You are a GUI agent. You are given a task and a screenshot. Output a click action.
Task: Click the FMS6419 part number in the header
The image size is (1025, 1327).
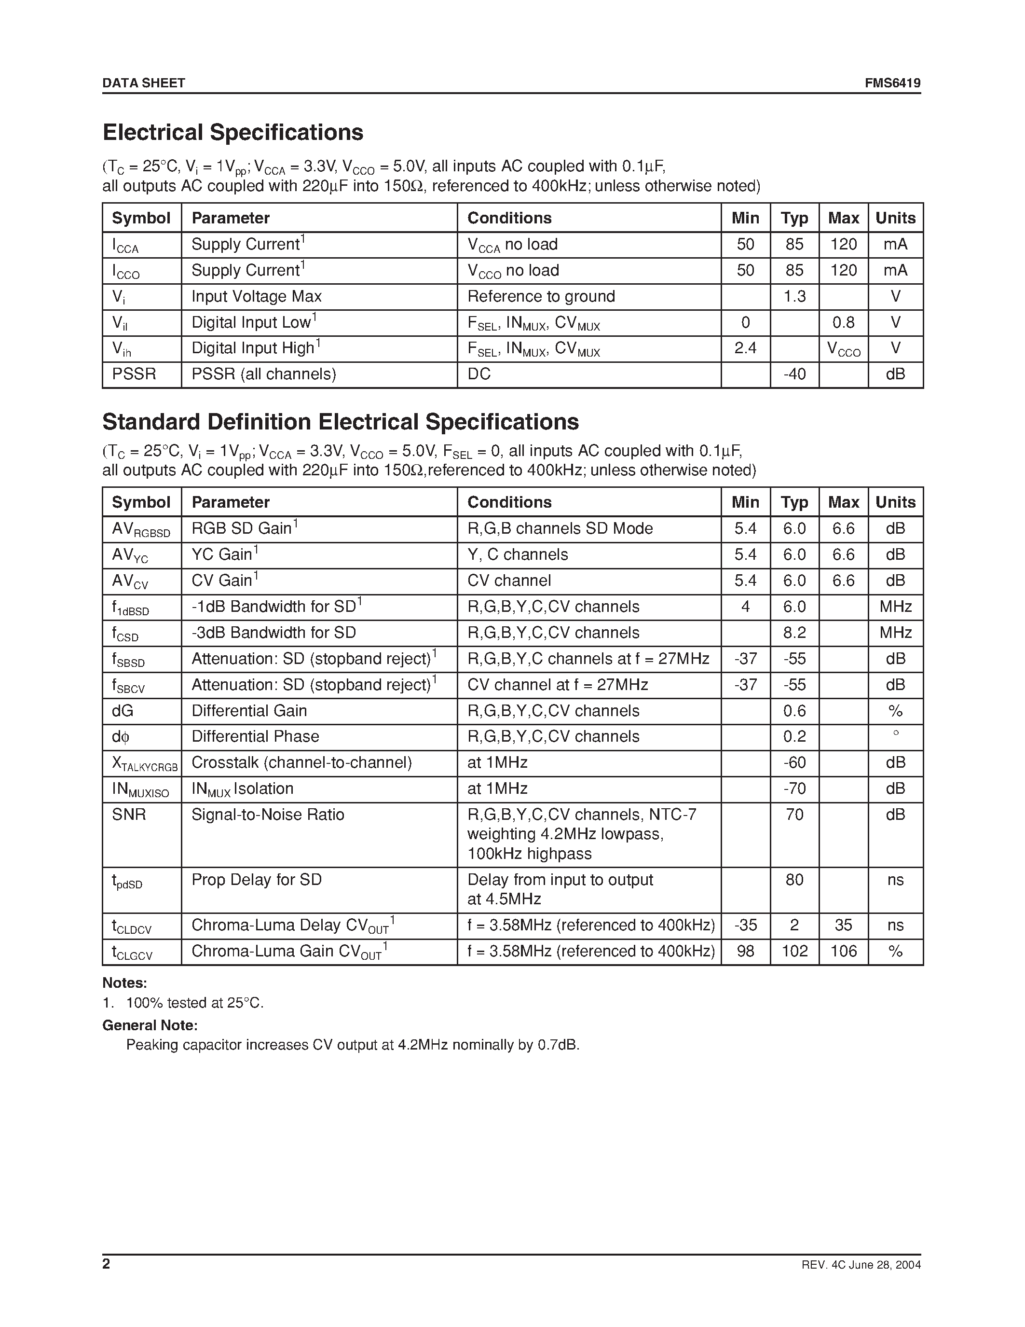[893, 83]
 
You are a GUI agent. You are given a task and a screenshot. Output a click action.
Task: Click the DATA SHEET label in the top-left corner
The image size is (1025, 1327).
[143, 83]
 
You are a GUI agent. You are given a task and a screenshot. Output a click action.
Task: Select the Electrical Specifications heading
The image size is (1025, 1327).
[232, 132]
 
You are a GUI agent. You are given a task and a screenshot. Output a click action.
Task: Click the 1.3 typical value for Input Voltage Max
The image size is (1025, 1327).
[794, 296]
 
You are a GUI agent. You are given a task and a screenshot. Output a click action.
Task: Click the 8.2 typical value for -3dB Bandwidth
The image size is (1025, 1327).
[794, 633]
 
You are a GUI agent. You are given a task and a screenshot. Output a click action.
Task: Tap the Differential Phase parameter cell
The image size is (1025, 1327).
[255, 736]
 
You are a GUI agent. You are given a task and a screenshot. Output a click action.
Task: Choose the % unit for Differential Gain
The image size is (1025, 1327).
[895, 711]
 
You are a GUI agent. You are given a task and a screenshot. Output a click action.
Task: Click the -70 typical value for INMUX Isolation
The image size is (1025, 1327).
[794, 788]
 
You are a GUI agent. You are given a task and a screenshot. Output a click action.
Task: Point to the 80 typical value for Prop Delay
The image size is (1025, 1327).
[794, 880]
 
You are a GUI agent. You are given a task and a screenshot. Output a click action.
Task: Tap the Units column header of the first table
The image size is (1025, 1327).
[895, 218]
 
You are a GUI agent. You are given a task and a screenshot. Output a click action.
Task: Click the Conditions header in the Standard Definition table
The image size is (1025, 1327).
[509, 502]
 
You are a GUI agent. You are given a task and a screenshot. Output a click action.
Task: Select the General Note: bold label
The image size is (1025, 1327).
[150, 1025]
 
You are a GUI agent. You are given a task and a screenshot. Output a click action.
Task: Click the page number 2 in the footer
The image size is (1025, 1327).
[106, 1264]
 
